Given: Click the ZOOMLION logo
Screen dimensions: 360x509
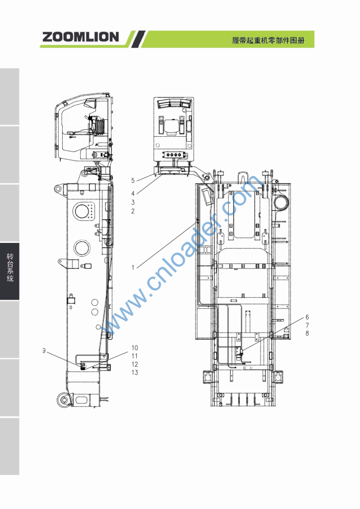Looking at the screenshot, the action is click(x=81, y=37).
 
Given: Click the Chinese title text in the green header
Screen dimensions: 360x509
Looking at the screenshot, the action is click(x=268, y=41).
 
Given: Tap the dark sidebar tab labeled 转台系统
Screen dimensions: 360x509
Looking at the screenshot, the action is click(x=10, y=271).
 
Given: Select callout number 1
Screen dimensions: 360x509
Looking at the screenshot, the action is click(x=133, y=267).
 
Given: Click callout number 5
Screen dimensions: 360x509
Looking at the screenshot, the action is click(x=133, y=180).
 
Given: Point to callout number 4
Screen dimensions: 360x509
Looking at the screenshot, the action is click(x=133, y=193).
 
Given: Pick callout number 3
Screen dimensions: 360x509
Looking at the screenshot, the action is click(x=133, y=202).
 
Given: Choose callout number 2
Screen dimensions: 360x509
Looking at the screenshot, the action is click(x=133, y=211).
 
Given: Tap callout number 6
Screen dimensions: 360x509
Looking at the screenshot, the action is click(x=307, y=317).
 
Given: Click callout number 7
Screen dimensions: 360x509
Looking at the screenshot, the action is click(x=307, y=325).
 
